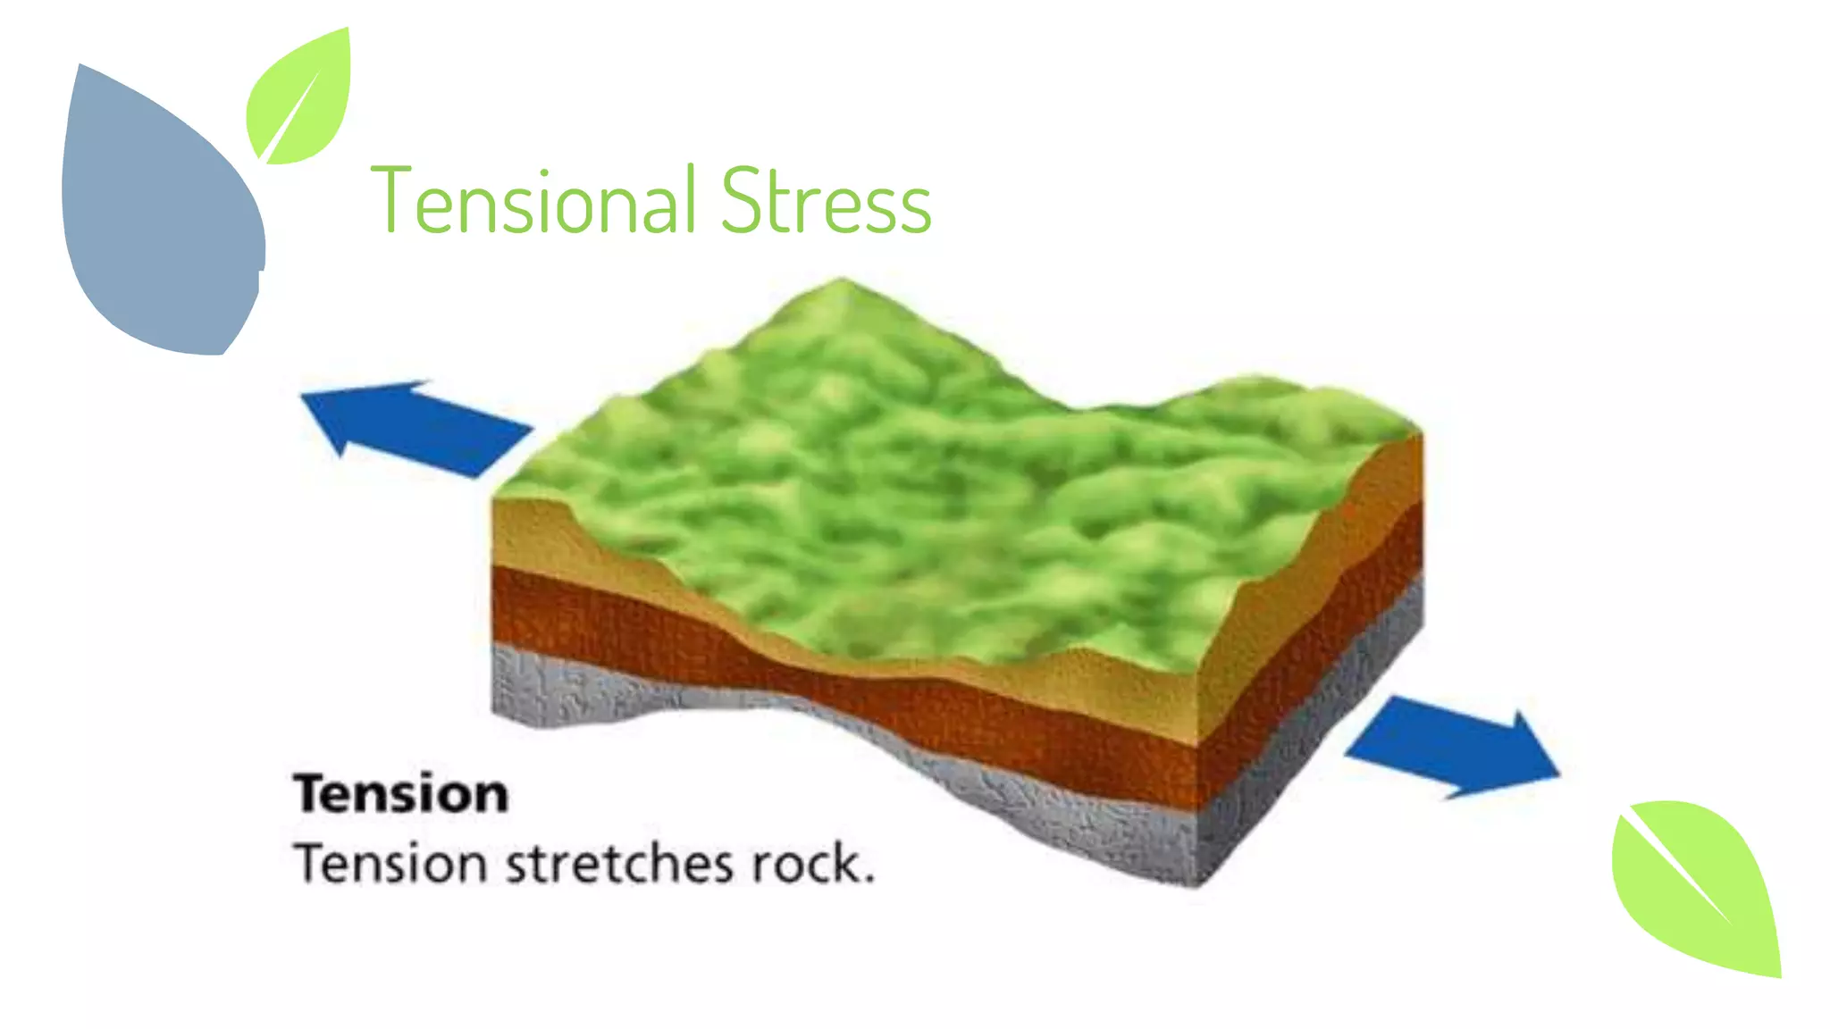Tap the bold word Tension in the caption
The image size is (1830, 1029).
coord(401,794)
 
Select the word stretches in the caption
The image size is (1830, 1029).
coord(621,864)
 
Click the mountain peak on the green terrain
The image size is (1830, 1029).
coord(841,284)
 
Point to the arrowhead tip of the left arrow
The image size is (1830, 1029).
coord(304,396)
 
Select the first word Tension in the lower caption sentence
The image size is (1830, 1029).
coord(390,864)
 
